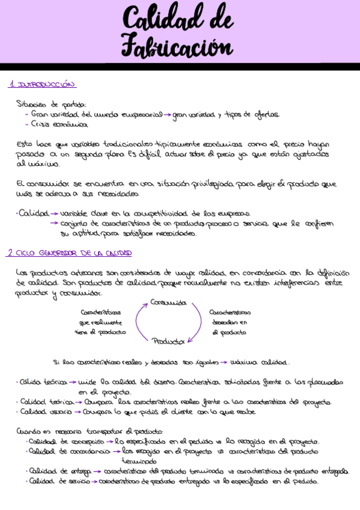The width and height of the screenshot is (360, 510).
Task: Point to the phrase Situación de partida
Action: [x=52, y=103]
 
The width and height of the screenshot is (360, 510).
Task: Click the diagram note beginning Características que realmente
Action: [x=100, y=322]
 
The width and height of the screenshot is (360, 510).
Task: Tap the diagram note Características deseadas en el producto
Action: [x=229, y=322]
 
